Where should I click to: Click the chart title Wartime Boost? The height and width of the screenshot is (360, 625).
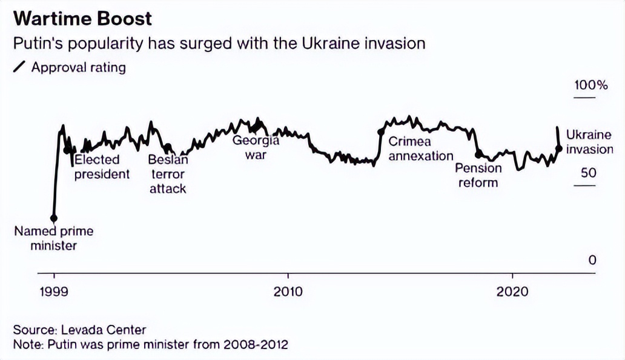82,18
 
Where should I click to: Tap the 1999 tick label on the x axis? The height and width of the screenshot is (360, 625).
54,292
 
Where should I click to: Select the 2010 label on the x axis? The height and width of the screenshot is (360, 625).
288,292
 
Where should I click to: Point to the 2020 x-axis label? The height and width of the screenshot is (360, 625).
512,292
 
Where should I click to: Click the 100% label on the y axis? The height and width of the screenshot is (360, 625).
590,85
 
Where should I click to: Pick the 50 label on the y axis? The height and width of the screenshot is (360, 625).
589,173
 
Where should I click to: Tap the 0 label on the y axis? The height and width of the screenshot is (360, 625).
592,260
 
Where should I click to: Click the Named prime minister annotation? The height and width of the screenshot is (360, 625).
54,238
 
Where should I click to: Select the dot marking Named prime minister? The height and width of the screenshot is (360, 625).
54,218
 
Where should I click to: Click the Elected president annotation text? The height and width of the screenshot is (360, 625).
101,167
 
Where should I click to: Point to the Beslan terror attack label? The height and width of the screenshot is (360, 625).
168,175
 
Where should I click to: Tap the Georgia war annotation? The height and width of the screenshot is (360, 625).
256,147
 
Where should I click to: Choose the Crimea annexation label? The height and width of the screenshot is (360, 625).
420,149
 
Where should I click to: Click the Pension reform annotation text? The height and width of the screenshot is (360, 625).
478,175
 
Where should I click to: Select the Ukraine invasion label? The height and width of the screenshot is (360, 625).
589,142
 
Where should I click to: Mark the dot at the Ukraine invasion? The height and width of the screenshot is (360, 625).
558,147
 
